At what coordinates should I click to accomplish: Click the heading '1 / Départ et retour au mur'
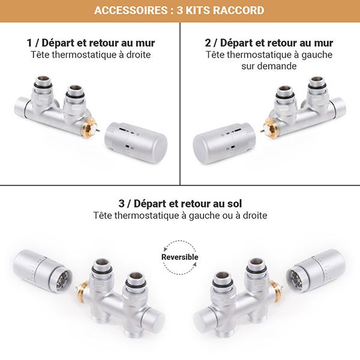(91, 43)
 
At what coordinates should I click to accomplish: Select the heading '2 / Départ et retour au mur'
(269, 43)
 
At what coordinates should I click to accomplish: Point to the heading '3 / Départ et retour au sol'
(180, 203)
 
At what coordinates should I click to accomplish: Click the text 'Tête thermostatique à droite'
(91, 55)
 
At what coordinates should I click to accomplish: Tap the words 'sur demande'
(269, 66)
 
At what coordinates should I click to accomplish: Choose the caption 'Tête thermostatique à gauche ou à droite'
(180, 215)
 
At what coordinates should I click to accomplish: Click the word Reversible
(179, 257)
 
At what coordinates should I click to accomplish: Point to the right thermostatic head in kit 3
(318, 269)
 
